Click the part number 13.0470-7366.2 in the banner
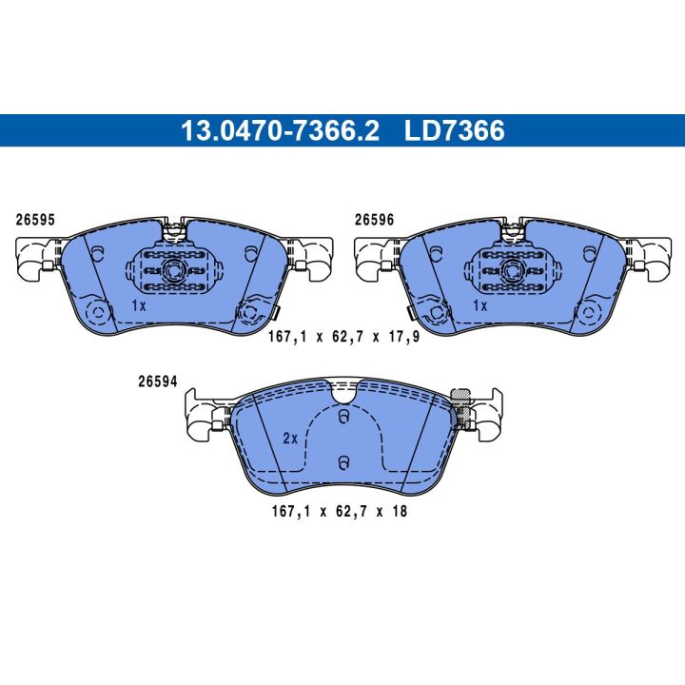[280, 130]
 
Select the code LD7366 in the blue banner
[455, 130]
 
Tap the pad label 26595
[35, 220]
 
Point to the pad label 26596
[375, 220]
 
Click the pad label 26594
[158, 382]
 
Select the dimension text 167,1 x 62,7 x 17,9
[343, 337]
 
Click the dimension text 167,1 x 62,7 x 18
[340, 511]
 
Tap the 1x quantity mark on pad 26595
[139, 305]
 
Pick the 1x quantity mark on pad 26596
[480, 305]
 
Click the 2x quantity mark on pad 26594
[290, 439]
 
